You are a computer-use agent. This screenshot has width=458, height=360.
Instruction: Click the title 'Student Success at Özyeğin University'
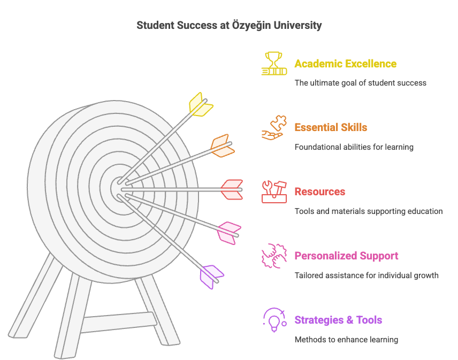coord(229,25)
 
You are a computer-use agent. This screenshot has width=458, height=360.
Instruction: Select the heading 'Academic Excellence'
coord(345,64)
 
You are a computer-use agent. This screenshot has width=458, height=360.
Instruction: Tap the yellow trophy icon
coord(274,63)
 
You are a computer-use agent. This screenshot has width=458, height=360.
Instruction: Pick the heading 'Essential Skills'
coord(331,128)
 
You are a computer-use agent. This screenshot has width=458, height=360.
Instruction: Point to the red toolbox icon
coord(274,192)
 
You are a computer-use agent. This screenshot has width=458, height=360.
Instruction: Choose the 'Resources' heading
coord(320,192)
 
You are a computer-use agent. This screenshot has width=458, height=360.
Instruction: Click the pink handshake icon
coord(274,256)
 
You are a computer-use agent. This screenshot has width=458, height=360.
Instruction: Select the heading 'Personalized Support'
coord(346,256)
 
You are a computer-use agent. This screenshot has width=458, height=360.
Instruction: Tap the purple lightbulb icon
coord(274,320)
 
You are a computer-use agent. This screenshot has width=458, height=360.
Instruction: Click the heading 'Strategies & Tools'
coord(338,320)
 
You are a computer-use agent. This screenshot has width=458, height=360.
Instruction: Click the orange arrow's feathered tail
coord(223,145)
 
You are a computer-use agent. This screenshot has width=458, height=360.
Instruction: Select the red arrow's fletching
coord(232,189)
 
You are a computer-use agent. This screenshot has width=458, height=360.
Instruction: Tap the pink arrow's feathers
coord(229,233)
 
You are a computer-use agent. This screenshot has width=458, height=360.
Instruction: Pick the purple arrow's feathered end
coord(211,277)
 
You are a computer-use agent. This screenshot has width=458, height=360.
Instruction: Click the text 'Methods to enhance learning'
coord(346,340)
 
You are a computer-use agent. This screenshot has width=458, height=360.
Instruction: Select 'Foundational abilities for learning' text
coord(354,147)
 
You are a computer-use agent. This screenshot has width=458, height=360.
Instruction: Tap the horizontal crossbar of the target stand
coord(118,323)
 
